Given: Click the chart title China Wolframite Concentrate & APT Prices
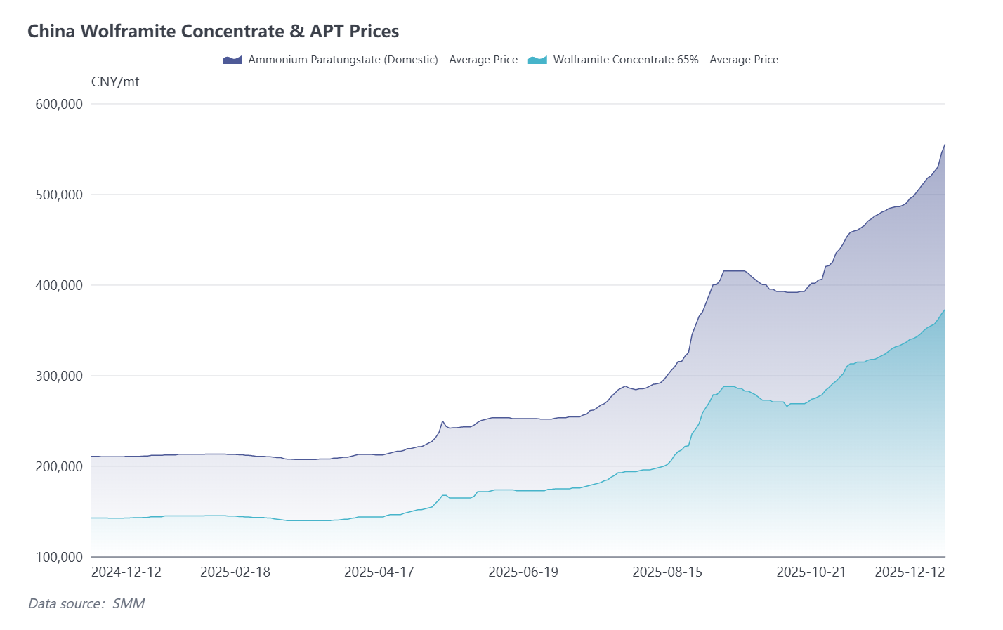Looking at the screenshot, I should pyautogui.click(x=213, y=32).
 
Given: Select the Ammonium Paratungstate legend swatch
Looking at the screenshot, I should pyautogui.click(x=232, y=60).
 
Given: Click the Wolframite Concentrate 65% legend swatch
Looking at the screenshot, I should pyautogui.click(x=537, y=60).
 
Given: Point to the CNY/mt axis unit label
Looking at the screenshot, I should pyautogui.click(x=115, y=82).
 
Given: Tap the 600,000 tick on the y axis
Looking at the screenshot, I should pyautogui.click(x=59, y=104).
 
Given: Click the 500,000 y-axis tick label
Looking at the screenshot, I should pyautogui.click(x=59, y=195).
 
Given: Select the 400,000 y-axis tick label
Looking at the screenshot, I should pyautogui.click(x=59, y=285).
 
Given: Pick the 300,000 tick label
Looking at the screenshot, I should pyautogui.click(x=59, y=376).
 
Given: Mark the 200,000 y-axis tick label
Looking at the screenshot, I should pyautogui.click(x=59, y=466).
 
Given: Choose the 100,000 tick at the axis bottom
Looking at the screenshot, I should pyautogui.click(x=59, y=557).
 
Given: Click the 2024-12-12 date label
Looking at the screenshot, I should pyautogui.click(x=126, y=572).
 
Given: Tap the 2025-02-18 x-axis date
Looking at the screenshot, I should pyautogui.click(x=235, y=572).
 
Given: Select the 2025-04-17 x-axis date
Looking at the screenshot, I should pyautogui.click(x=379, y=572).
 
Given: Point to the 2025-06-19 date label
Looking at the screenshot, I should pyautogui.click(x=523, y=572).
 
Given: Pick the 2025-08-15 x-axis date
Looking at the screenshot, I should pyautogui.click(x=667, y=572).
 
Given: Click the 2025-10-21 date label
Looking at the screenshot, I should pyautogui.click(x=811, y=572).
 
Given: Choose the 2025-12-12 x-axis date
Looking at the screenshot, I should pyautogui.click(x=910, y=572).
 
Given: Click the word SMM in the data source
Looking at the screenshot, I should pyautogui.click(x=129, y=604).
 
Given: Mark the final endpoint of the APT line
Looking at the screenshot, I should pyautogui.click(x=945, y=145).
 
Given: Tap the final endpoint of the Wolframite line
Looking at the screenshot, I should pyautogui.click(x=945, y=310).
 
